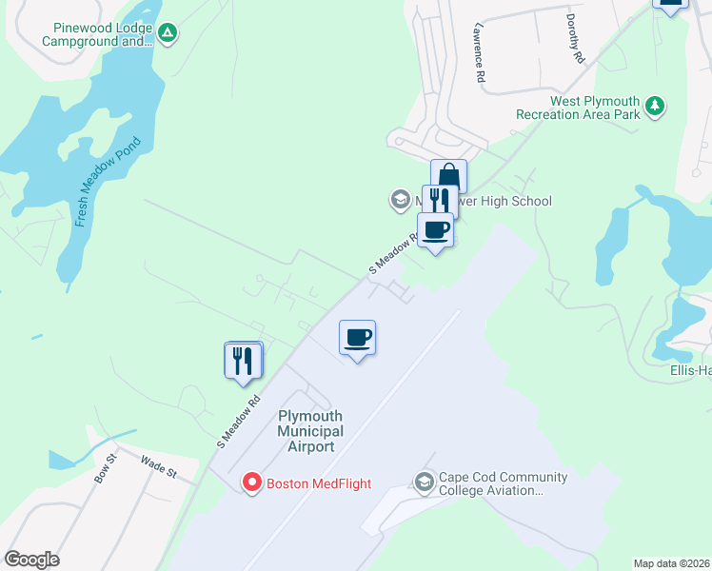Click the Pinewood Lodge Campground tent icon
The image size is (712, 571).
[x=168, y=34]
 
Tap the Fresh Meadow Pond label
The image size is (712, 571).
[x=108, y=182]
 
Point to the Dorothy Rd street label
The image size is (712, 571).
[x=574, y=39]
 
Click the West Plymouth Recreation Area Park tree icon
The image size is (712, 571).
[x=655, y=107]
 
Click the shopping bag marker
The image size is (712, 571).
[x=448, y=177]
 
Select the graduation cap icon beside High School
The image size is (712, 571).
[x=400, y=201]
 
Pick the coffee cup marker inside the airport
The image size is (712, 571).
[x=358, y=337]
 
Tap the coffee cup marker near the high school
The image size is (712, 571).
[x=436, y=230]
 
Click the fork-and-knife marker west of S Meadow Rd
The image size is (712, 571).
[x=243, y=360]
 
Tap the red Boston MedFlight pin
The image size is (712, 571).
[x=252, y=482]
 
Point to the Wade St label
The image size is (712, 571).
[x=159, y=465]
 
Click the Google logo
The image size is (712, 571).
[x=31, y=560]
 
